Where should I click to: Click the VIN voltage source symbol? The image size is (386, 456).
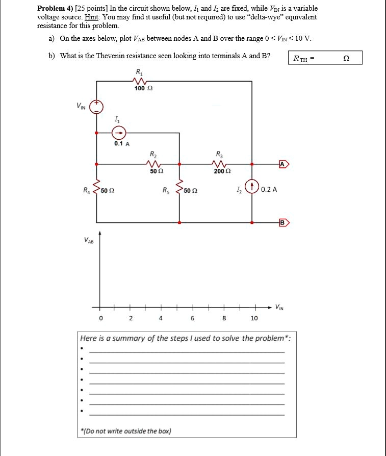click(x=96, y=107)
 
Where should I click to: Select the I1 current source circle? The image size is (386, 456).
click(x=119, y=133)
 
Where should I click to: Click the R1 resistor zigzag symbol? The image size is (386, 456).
click(x=138, y=81)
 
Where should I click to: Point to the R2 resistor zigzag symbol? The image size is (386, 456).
click(x=153, y=164)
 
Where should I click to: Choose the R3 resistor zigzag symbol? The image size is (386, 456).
click(x=219, y=164)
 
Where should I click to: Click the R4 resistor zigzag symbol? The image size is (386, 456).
click(x=96, y=190)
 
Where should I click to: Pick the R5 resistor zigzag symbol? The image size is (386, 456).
click(x=179, y=190)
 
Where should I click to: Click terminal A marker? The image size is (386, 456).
click(x=284, y=164)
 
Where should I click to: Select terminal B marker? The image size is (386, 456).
click(x=284, y=222)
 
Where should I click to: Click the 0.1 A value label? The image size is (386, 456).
click(x=122, y=144)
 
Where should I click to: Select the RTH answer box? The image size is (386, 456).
click(x=325, y=58)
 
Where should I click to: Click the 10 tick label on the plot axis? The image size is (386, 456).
click(x=254, y=318)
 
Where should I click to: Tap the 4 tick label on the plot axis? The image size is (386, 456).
click(x=161, y=318)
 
